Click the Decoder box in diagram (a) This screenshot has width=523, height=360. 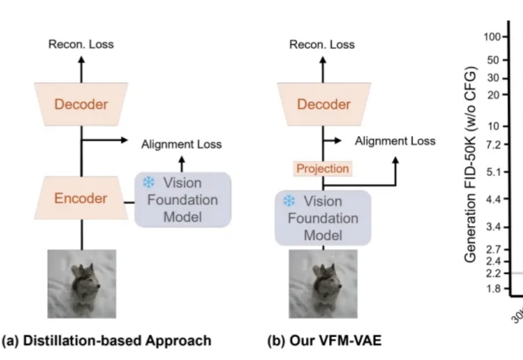click(x=81, y=105)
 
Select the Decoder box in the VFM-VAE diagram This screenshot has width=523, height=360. click(x=323, y=105)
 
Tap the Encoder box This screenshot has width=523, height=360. click(x=81, y=198)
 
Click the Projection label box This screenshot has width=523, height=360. click(x=322, y=169)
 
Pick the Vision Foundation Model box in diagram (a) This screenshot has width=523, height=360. click(x=183, y=200)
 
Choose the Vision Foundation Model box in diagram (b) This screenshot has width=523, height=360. click(x=323, y=218)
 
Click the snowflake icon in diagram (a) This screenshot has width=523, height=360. click(x=148, y=183)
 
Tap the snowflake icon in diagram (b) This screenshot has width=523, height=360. click(x=289, y=201)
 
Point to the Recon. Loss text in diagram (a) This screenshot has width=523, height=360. click(x=81, y=45)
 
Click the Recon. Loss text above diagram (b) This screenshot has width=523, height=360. click(x=322, y=45)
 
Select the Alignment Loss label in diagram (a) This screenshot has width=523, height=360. click(x=181, y=144)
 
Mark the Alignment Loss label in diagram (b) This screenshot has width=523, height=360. click(x=395, y=141)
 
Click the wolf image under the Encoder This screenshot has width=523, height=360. click(x=81, y=284)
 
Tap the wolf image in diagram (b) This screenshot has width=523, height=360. click(x=323, y=284)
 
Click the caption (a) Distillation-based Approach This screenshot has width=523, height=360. click(x=107, y=341)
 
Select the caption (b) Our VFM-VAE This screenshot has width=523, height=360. click(x=324, y=341)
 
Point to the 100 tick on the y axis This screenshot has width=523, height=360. click(x=494, y=37)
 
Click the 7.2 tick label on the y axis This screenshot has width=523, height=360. click(x=495, y=144)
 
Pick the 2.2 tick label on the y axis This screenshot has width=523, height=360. click(x=495, y=273)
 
